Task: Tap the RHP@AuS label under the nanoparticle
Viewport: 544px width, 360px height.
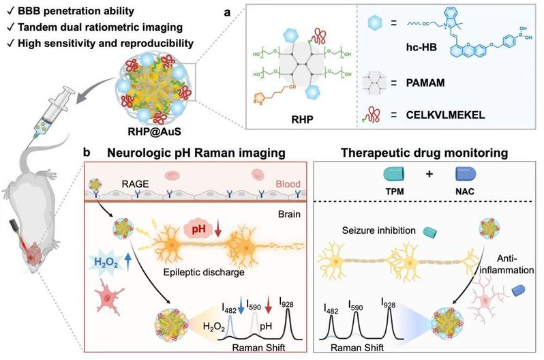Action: pos(154,132)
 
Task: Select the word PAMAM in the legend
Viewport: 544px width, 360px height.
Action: pos(425,83)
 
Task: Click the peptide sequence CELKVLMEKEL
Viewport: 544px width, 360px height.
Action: pos(445,115)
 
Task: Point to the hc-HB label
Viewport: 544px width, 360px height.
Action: pos(421,46)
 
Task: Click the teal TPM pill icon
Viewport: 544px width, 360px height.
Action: pos(394,174)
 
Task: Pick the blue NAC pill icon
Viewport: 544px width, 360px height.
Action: pos(465,174)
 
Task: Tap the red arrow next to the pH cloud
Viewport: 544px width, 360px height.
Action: pos(218,230)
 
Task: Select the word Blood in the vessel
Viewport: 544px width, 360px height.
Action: pos(288,184)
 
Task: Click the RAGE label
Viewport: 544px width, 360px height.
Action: pos(135,183)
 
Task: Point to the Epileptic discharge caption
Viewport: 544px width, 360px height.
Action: pos(204,272)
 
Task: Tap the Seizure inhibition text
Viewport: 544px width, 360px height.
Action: pos(379,230)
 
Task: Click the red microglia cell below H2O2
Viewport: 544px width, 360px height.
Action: pos(108,297)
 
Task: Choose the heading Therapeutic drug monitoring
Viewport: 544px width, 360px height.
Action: pos(424,153)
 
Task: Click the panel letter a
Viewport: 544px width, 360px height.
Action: pos(227,13)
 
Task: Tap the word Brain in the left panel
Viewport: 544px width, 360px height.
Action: pos(289,214)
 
